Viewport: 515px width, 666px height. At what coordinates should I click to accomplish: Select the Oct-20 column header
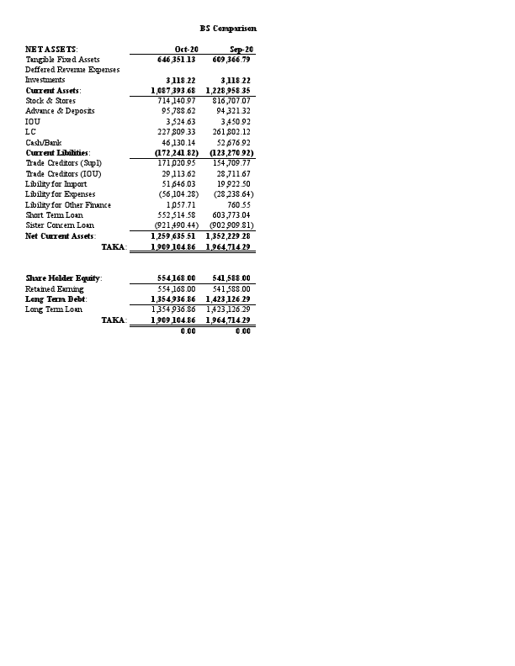click(186, 50)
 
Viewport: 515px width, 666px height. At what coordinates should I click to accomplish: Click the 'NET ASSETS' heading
click(51, 50)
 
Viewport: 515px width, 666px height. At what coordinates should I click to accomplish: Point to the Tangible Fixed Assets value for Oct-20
click(177, 60)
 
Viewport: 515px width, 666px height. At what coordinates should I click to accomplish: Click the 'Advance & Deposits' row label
click(60, 111)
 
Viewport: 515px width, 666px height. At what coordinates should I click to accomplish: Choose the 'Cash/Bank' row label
click(44, 142)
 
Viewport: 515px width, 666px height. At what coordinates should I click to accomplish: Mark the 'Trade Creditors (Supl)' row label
click(63, 162)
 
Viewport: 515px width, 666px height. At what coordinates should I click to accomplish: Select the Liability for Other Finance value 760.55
click(239, 204)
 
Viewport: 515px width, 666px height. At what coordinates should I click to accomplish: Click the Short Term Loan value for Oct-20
click(177, 214)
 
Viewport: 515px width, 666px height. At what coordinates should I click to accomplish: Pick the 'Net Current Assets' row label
click(61, 235)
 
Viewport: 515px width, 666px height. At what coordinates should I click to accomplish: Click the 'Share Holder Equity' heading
click(64, 277)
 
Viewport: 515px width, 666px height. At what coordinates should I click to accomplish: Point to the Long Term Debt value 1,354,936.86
click(174, 299)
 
